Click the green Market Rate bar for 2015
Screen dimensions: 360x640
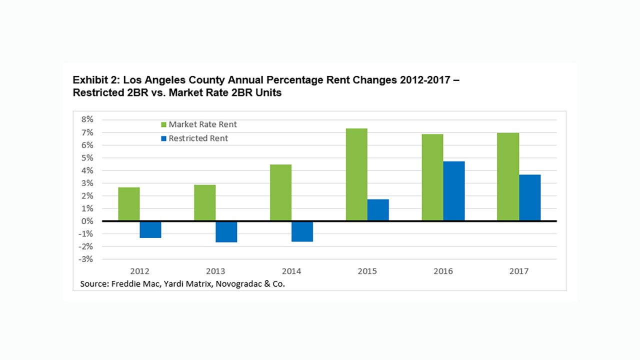[x=356, y=174]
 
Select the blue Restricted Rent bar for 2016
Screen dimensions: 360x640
[x=454, y=190]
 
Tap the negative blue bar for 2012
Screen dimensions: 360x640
[x=150, y=229]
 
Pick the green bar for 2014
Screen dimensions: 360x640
[x=280, y=192]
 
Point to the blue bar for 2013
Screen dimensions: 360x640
[x=226, y=231]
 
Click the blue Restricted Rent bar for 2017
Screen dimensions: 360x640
[x=529, y=197]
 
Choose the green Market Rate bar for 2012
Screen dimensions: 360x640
[x=129, y=204]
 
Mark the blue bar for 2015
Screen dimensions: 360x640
[x=378, y=210]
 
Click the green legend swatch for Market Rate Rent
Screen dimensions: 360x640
[x=163, y=124]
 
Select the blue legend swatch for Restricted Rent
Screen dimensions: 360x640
[x=163, y=138]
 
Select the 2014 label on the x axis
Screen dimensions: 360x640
[x=291, y=271]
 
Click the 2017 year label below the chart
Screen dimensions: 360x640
[x=518, y=271]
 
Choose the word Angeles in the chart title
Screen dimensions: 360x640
[x=165, y=80]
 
